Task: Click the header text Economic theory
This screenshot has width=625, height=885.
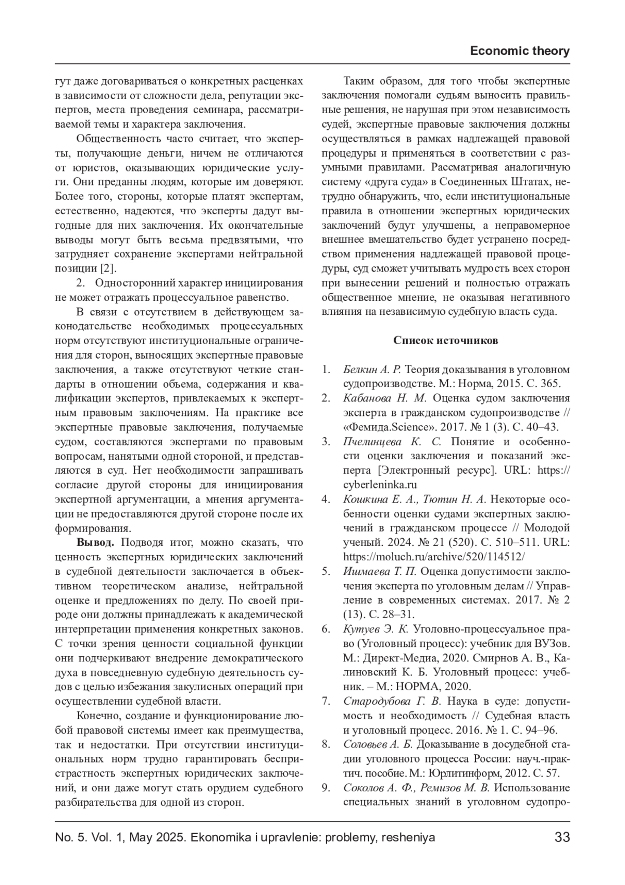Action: [x=519, y=51]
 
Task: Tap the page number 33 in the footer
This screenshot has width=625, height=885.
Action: [x=562, y=837]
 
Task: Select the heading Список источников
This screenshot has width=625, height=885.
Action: [x=445, y=340]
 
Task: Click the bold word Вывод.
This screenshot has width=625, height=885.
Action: [x=95, y=542]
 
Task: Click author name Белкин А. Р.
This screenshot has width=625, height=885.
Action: [x=372, y=370]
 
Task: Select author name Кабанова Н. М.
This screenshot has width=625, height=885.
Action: [x=385, y=398]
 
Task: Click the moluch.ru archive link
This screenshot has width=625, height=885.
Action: [x=434, y=556]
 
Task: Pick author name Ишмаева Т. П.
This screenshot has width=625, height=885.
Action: [x=380, y=571]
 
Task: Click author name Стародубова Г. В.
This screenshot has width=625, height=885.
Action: [x=392, y=700]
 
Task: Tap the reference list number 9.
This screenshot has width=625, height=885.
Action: [x=326, y=787]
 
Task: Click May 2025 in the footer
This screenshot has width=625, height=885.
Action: [x=158, y=837]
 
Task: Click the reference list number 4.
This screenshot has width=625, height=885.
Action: [x=326, y=499]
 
